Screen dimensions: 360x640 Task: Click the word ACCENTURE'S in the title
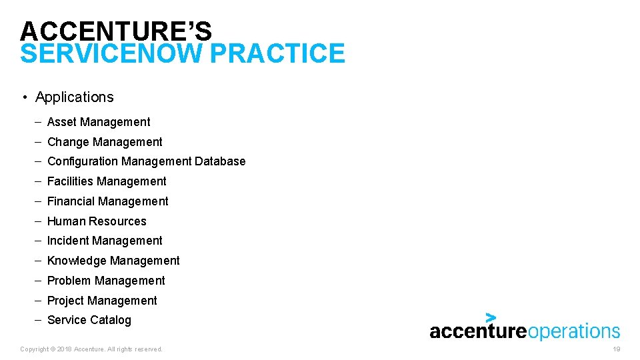pyautogui.click(x=116, y=31)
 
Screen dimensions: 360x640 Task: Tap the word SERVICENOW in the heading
pyautogui.click(x=111, y=54)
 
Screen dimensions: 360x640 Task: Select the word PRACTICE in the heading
pyautogui.click(x=278, y=54)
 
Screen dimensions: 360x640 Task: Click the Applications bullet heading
pyautogui.click(x=74, y=97)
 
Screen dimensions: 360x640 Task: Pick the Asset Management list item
pyautogui.click(x=99, y=122)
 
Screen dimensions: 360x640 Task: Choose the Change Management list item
pyautogui.click(x=105, y=142)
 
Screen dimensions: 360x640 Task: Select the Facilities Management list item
pyautogui.click(x=107, y=181)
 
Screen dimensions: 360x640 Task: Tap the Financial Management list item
pyautogui.click(x=107, y=201)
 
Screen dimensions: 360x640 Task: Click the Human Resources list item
pyautogui.click(x=97, y=221)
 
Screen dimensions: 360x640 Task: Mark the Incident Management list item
pyautogui.click(x=105, y=241)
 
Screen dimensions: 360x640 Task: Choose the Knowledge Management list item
pyautogui.click(x=113, y=261)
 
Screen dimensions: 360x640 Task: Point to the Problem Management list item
pyautogui.click(x=106, y=281)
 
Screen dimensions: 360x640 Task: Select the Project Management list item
pyautogui.click(x=102, y=301)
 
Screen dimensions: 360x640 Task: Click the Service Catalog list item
pyautogui.click(x=89, y=320)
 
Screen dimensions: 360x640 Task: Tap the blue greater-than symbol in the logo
pyautogui.click(x=491, y=317)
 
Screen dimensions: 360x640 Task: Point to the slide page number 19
pyautogui.click(x=616, y=349)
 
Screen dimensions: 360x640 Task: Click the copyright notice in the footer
pyautogui.click(x=91, y=349)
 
